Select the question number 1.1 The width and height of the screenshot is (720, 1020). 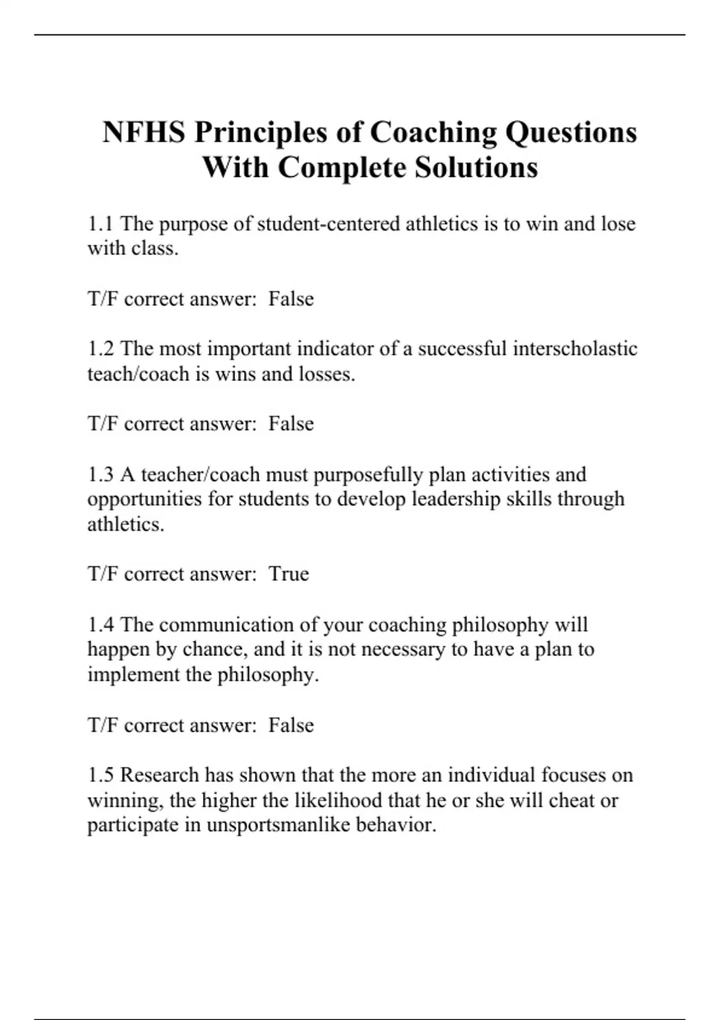(x=100, y=224)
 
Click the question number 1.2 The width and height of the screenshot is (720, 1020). (x=100, y=349)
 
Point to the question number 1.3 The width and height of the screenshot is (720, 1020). (x=100, y=475)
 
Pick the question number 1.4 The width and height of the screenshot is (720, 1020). (x=100, y=625)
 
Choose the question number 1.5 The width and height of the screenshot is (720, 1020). (x=100, y=775)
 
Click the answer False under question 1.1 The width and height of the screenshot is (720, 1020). (x=291, y=299)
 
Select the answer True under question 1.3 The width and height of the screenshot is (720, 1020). (x=289, y=574)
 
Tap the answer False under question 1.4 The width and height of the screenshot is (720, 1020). (x=291, y=725)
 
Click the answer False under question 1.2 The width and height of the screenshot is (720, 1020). (x=291, y=424)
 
